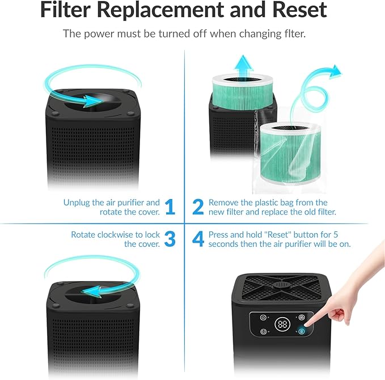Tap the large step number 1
(170, 207)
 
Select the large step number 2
(198, 207)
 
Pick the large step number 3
(170, 239)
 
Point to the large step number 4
(198, 239)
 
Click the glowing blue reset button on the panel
(301, 331)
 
